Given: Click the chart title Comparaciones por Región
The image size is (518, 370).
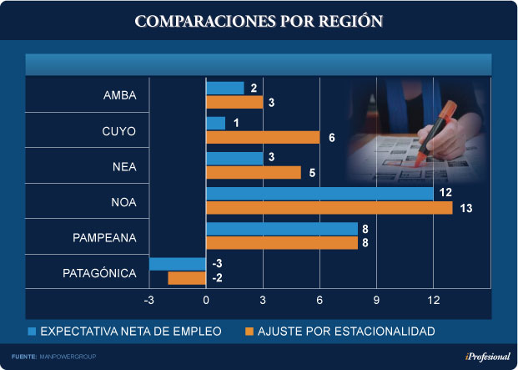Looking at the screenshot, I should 259,21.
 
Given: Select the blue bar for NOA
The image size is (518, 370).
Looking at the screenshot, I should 319,194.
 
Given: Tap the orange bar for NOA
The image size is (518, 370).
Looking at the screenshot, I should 329,208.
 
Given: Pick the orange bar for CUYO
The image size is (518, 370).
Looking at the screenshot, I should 263,138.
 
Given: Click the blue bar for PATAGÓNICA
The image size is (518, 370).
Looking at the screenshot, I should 178,264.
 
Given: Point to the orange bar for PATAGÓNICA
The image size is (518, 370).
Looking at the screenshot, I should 187,278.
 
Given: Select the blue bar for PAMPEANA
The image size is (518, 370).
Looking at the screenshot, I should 281,229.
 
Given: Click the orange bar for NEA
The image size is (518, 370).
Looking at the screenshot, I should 253,173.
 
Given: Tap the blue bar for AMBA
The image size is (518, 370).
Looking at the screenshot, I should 224,89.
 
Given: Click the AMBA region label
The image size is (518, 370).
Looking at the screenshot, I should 120,96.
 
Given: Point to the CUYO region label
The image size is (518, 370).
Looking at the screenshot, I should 120,131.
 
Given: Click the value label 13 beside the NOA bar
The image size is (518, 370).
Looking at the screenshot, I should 466,208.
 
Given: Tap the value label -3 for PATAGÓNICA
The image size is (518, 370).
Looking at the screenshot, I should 217,264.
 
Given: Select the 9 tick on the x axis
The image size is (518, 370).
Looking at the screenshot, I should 376,301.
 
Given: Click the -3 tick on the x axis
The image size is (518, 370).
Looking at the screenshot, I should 150,301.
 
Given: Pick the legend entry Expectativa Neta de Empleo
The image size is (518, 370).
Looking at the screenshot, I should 125,332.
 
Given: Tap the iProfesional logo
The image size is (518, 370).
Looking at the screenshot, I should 482,357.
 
